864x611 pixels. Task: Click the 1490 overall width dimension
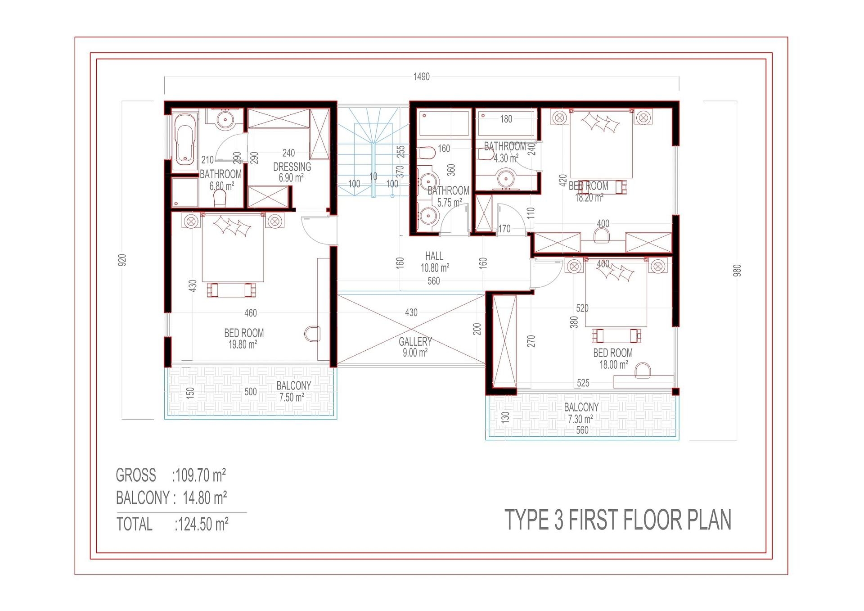(421, 77)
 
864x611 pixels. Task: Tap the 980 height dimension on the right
(737, 270)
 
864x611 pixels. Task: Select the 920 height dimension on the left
(122, 260)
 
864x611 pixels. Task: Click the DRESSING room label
(292, 167)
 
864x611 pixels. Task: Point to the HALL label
(434, 256)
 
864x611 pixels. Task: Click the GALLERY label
(415, 341)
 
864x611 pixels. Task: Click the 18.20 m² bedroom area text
(589, 198)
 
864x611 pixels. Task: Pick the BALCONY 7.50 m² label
(293, 391)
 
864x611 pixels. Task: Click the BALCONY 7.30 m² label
(581, 413)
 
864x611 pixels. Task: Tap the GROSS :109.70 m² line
(171, 475)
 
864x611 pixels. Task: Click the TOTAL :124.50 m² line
(172, 524)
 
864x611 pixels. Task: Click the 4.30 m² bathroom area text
(505, 158)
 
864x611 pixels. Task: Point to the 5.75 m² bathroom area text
(449, 203)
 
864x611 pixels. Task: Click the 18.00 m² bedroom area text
(613, 365)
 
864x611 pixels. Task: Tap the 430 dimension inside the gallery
(411, 312)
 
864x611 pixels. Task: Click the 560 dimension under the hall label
(433, 281)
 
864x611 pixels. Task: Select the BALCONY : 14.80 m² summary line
(171, 498)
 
